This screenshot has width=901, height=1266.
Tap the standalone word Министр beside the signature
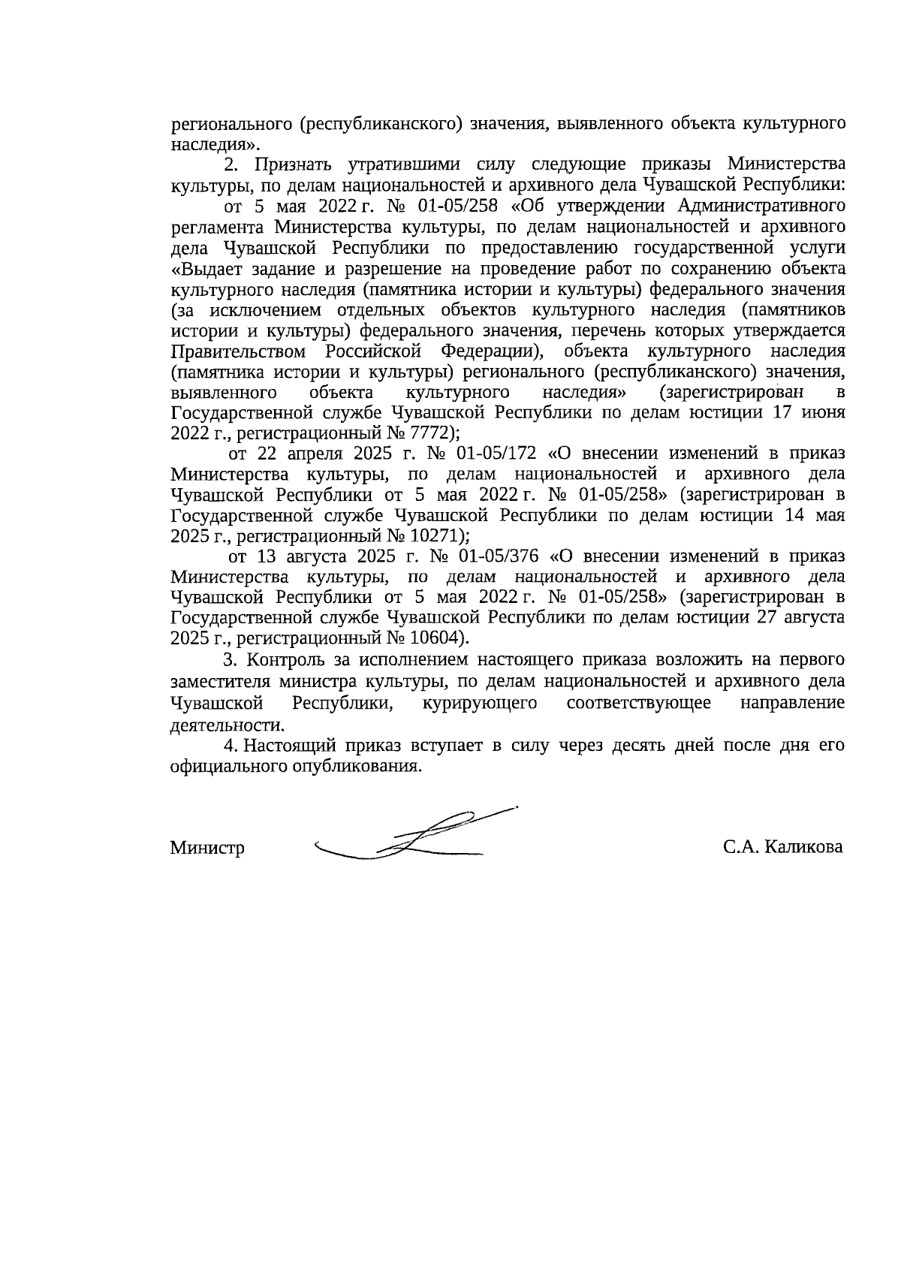pos(207,849)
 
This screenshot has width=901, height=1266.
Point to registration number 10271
pos(444,536)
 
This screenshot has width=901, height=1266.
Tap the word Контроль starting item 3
pos(283,660)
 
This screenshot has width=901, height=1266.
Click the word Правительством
pos(238,351)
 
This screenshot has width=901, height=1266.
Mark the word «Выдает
pos(203,270)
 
